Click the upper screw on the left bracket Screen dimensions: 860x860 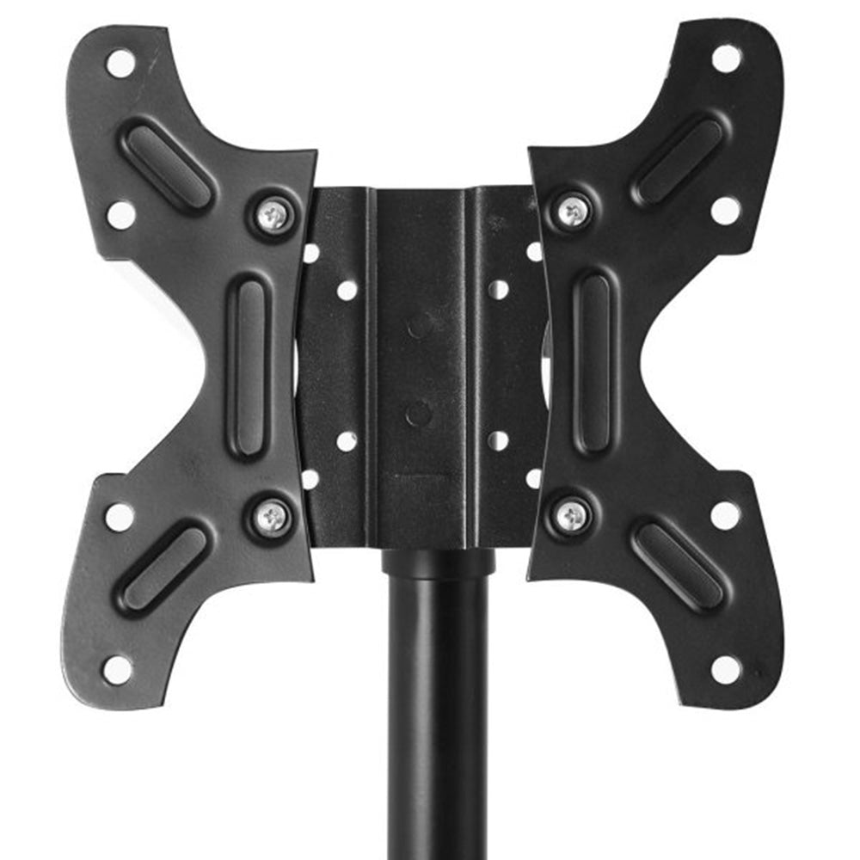tap(274, 213)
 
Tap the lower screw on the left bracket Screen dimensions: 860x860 tap(273, 516)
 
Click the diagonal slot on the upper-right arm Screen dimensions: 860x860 tap(679, 162)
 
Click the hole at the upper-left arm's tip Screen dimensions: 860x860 tap(120, 62)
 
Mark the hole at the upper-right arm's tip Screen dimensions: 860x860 tap(726, 58)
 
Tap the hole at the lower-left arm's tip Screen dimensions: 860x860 tap(118, 669)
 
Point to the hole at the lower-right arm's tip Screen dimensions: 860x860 tap(725, 668)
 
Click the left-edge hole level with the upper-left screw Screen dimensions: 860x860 tap(120, 214)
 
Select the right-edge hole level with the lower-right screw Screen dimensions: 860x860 tap(724, 515)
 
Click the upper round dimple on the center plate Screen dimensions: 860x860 tap(421, 325)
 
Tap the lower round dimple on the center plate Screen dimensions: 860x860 tap(419, 415)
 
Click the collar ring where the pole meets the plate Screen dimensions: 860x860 tap(439, 564)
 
